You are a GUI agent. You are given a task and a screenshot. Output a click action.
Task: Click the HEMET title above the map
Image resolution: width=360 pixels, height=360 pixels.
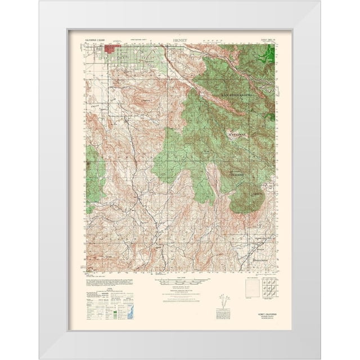pos(180,42)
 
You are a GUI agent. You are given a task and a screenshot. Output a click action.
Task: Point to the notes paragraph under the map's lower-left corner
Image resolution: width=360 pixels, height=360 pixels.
pos(99,280)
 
